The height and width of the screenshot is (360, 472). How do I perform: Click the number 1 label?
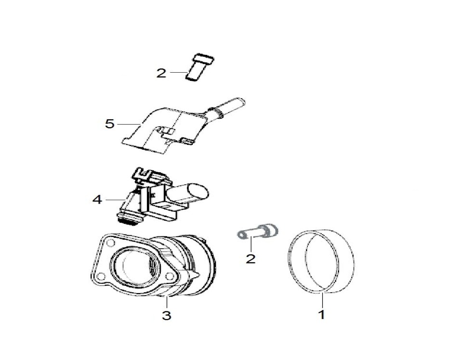click(322, 315)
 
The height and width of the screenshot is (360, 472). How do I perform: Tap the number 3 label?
click(167, 315)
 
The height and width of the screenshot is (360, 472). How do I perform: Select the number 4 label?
click(97, 199)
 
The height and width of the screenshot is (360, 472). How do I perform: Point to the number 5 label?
click(110, 124)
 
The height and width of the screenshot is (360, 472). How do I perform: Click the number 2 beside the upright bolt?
click(161, 73)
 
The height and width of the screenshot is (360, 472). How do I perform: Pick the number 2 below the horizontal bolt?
click(250, 259)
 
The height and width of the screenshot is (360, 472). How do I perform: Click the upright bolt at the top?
click(199, 68)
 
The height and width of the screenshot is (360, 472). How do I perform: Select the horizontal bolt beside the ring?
click(258, 231)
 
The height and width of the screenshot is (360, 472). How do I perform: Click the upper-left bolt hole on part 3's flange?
click(110, 243)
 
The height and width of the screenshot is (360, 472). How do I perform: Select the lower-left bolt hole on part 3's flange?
click(102, 276)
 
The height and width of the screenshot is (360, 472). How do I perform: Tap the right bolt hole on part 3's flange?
click(170, 276)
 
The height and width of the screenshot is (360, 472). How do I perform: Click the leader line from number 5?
click(129, 124)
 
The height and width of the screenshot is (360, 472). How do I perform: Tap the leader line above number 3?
click(167, 302)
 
